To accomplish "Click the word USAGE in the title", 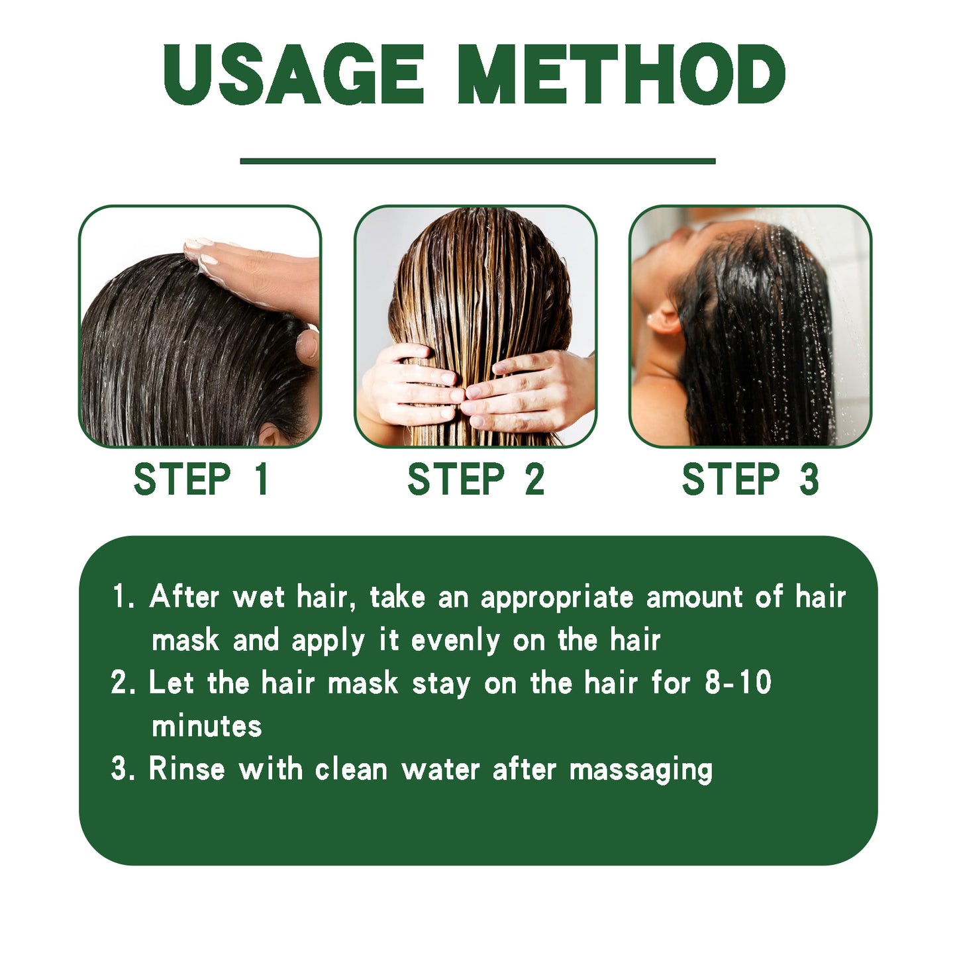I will click(293, 74).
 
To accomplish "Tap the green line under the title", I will click(478, 161).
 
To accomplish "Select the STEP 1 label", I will click(201, 479).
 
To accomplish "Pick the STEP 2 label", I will click(476, 479).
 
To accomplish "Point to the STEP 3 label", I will click(750, 479).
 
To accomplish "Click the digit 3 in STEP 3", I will click(808, 479).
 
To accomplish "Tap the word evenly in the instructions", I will click(455, 641).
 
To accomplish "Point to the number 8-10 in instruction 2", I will click(738, 683).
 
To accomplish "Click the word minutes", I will click(207, 727).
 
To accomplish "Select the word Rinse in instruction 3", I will click(187, 770).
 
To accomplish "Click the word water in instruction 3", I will click(440, 770).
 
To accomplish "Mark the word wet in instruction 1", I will click(259, 598).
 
